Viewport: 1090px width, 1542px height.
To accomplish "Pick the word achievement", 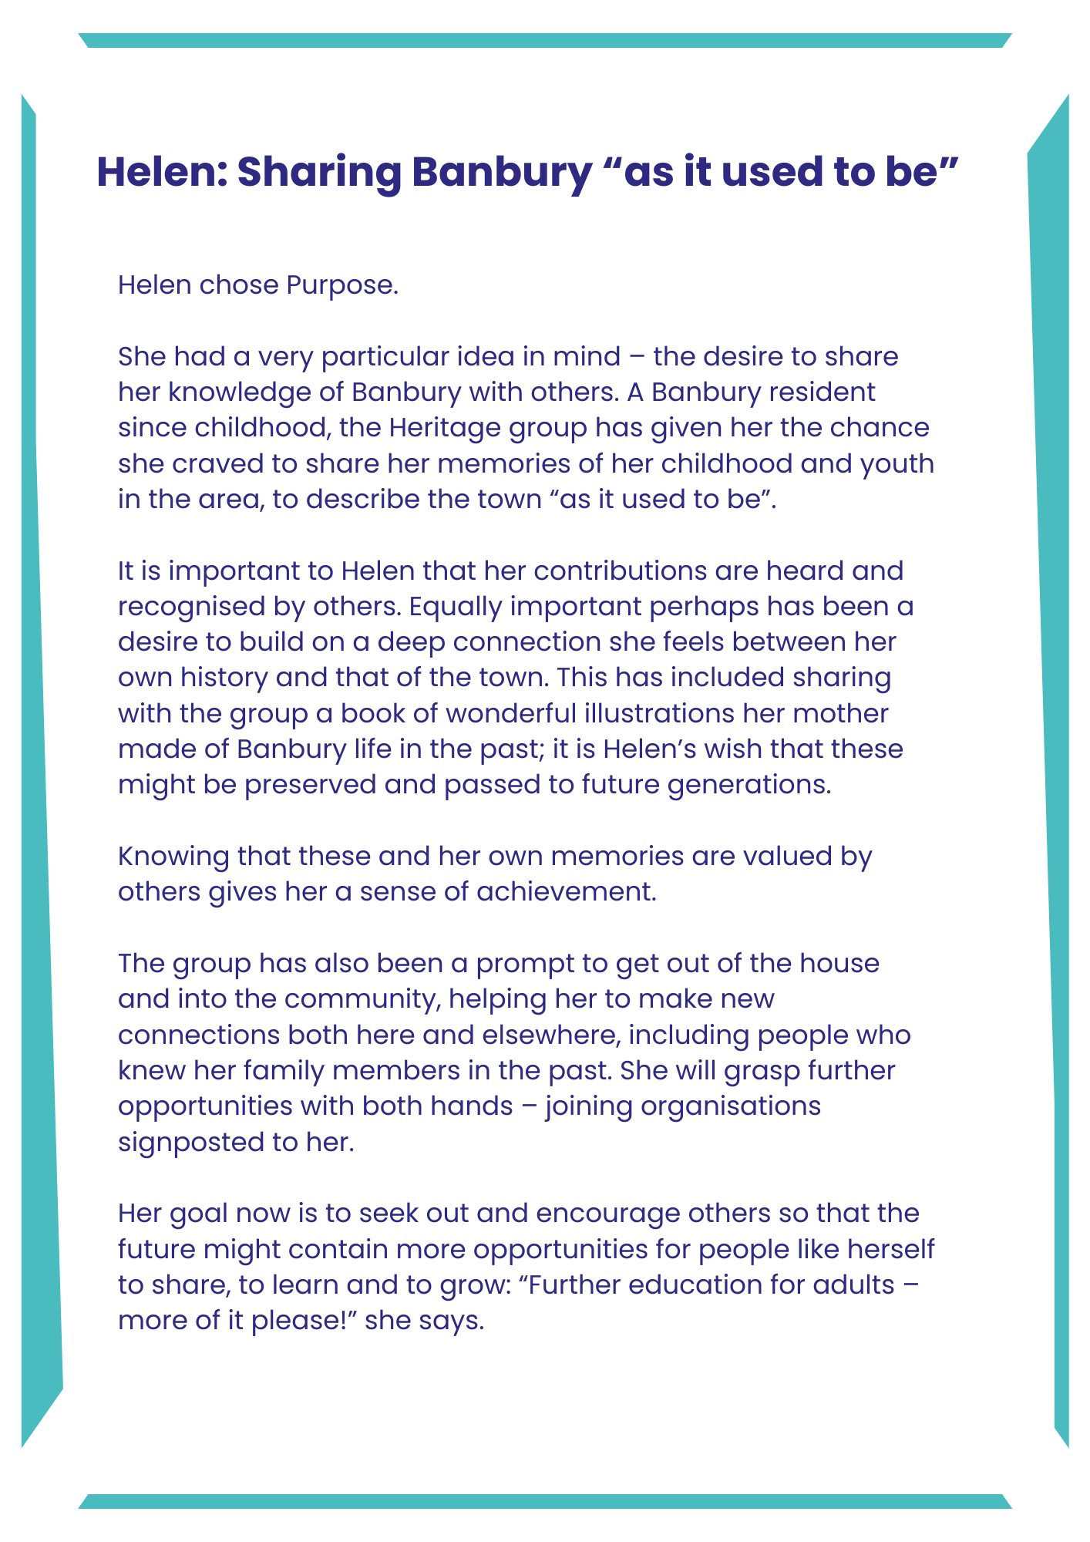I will tap(567, 892).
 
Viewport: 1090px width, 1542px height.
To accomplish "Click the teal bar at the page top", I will tap(544, 40).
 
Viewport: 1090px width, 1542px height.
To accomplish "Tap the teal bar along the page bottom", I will tap(544, 1501).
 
